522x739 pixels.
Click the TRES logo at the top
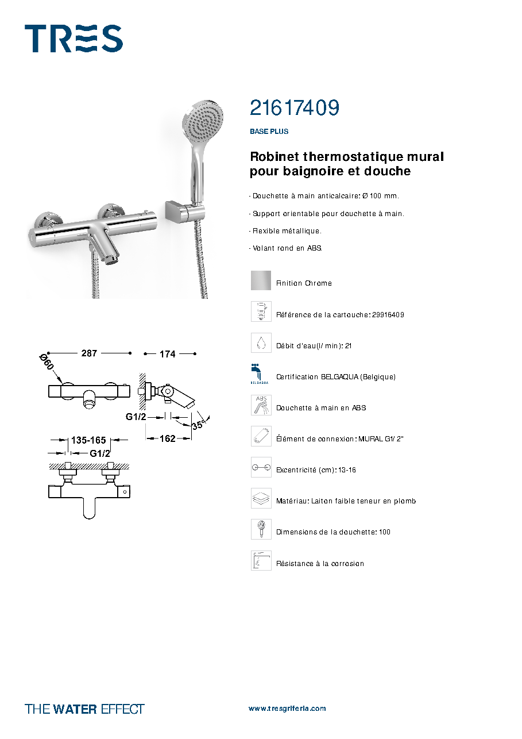[x=74, y=39]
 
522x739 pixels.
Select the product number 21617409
[x=295, y=107]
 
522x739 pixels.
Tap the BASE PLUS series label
[x=269, y=131]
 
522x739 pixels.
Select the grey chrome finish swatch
[x=261, y=280]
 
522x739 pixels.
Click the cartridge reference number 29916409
[x=388, y=315]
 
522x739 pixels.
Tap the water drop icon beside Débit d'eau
[x=261, y=342]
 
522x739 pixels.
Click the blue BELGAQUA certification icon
[x=259, y=374]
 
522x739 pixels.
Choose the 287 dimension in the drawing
[x=89, y=353]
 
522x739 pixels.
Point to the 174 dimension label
[x=168, y=355]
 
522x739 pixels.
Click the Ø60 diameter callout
[x=47, y=362]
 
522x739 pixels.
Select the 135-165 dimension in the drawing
[x=88, y=440]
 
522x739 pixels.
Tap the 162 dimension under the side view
[x=168, y=438]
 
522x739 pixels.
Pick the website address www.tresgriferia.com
[x=287, y=709]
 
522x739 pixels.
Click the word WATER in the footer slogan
[x=75, y=709]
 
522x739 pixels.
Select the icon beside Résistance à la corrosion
[x=261, y=560]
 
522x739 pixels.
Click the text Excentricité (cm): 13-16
[x=316, y=470]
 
